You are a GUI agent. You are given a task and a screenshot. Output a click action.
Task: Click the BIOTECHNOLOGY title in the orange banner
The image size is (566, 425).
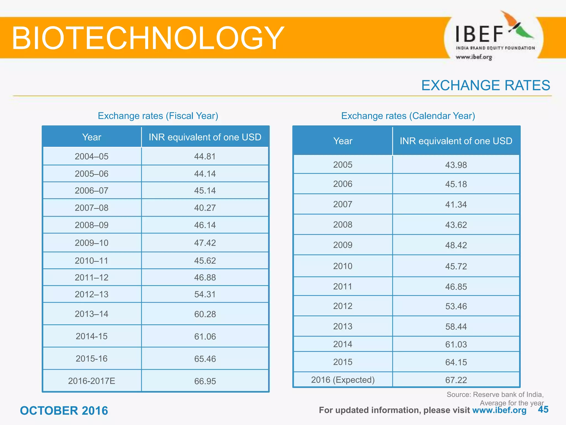pyautogui.click(x=148, y=38)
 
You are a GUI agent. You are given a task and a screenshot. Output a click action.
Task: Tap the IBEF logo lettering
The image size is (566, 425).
pyautogui.click(x=479, y=34)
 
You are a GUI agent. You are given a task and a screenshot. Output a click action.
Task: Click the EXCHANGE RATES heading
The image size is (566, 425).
pyautogui.click(x=486, y=85)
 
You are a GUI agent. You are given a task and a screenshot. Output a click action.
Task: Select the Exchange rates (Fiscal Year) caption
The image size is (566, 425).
pyautogui.click(x=158, y=116)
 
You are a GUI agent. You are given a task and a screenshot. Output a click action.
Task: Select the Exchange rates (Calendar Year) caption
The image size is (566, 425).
pyautogui.click(x=408, y=116)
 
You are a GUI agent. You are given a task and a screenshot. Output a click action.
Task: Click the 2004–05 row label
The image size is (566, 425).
pyautogui.click(x=91, y=156)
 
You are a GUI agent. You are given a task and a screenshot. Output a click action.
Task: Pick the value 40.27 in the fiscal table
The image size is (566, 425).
pyautogui.click(x=205, y=208)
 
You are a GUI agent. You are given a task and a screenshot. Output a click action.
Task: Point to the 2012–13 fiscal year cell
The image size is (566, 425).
pyautogui.click(x=91, y=294)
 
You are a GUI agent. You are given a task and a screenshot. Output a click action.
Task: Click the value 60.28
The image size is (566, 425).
pyautogui.click(x=205, y=314)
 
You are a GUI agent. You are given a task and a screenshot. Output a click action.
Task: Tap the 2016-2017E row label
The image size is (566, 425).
pyautogui.click(x=91, y=381)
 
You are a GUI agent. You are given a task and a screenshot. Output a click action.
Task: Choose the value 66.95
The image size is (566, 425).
pyautogui.click(x=205, y=381)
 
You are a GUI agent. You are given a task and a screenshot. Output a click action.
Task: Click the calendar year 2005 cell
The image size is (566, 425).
pyautogui.click(x=343, y=165)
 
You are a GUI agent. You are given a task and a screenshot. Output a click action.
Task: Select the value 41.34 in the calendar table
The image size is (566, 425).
pyautogui.click(x=456, y=204)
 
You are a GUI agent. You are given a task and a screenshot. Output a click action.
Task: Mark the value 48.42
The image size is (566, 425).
pyautogui.click(x=456, y=245)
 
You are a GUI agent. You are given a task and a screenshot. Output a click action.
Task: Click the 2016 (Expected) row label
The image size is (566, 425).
pyautogui.click(x=343, y=380)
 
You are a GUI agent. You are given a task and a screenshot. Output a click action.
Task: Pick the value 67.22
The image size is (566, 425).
pyautogui.click(x=456, y=380)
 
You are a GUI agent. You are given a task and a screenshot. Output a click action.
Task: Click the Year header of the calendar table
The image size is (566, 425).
pyautogui.click(x=343, y=141)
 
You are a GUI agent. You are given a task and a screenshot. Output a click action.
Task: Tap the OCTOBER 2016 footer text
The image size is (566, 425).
pyautogui.click(x=64, y=411)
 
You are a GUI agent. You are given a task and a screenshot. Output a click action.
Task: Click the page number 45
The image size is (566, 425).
pyautogui.click(x=543, y=410)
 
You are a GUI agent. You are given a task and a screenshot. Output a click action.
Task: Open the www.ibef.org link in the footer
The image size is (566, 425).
pyautogui.click(x=499, y=410)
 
